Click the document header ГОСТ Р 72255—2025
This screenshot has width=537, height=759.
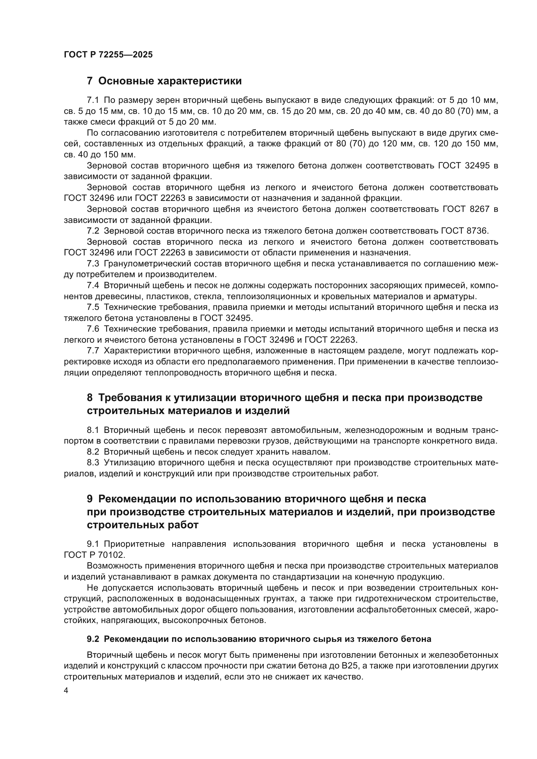(x=108, y=55)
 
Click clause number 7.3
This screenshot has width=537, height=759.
(x=93, y=263)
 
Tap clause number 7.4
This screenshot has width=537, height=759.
(x=93, y=285)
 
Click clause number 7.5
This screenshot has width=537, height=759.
(x=93, y=307)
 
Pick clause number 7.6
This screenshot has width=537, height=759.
(x=93, y=329)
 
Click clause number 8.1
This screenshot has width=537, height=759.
(x=93, y=430)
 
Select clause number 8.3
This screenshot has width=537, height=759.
(x=93, y=462)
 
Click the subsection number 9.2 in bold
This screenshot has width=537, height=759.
(x=93, y=639)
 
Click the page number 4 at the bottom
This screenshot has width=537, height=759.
(x=66, y=691)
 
